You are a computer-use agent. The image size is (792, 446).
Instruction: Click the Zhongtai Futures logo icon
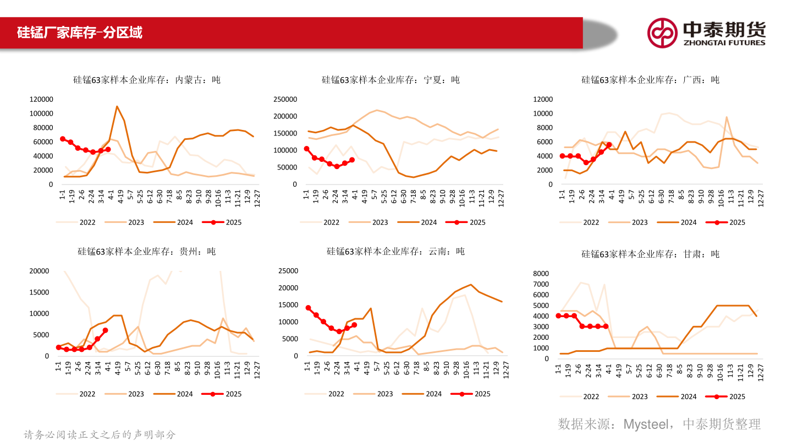tap(662, 32)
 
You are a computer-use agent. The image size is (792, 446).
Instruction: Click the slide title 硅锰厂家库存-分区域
tap(80, 32)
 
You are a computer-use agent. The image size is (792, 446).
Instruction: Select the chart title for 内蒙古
tap(147, 80)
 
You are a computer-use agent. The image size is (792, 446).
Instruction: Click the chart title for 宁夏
tap(391, 80)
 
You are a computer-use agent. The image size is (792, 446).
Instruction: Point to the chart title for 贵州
tap(146, 252)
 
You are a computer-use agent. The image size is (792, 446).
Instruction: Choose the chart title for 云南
tap(395, 252)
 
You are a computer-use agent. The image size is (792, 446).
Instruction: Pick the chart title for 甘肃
tap(651, 254)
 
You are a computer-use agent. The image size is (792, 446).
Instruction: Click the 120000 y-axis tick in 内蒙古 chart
tap(41, 99)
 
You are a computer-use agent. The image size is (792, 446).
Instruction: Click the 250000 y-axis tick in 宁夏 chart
tap(285, 99)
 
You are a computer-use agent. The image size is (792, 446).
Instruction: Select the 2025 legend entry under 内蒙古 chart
tap(222, 222)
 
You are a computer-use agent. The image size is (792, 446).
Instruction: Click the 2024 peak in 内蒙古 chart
tap(117, 107)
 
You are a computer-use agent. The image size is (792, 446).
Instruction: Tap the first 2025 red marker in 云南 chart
tap(308, 308)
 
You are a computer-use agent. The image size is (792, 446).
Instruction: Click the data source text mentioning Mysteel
tap(659, 423)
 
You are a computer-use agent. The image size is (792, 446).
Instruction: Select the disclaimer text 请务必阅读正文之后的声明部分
tap(100, 435)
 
